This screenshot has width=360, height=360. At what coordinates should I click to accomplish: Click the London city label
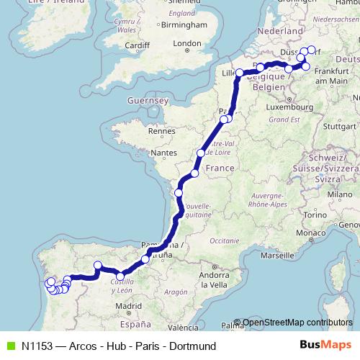[x=186, y=43]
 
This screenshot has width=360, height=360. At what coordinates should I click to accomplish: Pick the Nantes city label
[x=163, y=153]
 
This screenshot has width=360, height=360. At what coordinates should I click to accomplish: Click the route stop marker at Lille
[x=239, y=73]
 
